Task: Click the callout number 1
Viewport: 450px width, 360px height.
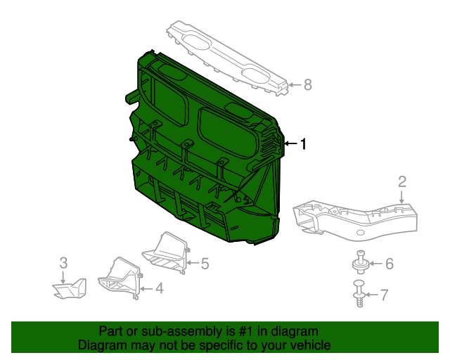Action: (303, 144)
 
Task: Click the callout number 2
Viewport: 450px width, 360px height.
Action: (401, 182)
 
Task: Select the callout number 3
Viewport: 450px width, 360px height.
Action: (63, 263)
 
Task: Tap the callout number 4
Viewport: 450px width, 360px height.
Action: (159, 287)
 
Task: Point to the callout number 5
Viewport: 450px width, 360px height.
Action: (205, 264)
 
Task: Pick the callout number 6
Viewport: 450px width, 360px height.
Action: (389, 264)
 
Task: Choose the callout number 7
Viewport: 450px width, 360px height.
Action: (383, 295)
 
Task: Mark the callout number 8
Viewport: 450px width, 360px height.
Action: (307, 85)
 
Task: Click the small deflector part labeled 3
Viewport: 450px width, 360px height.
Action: (69, 288)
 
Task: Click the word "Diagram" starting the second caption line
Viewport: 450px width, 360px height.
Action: (101, 345)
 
